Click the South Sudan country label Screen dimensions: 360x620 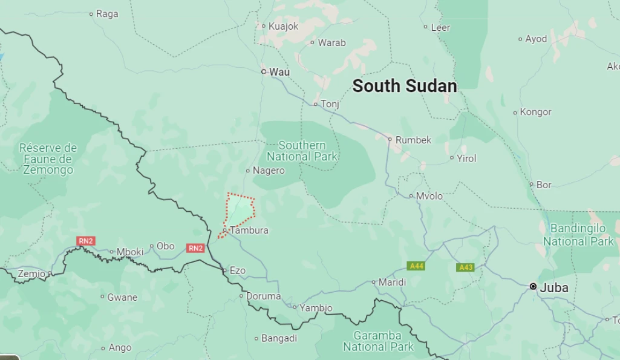tap(404, 86)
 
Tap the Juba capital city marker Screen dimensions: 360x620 tap(533, 286)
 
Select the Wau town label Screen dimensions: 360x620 tap(279, 72)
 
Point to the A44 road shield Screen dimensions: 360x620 tap(416, 266)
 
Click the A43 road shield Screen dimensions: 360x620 tap(465, 267)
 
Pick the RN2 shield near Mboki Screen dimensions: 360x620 tap(86, 241)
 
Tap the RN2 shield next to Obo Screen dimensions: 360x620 tap(195, 247)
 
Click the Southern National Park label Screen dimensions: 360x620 tap(302, 151)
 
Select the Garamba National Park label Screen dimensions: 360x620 tap(377, 341)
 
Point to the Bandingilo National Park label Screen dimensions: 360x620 tap(578, 235)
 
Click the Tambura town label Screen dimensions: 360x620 tap(249, 231)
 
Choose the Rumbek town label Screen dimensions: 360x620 tap(414, 140)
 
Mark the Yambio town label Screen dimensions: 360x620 tap(316, 308)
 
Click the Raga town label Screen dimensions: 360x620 tap(107, 14)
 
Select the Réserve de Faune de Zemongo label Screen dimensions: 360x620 tap(48, 159)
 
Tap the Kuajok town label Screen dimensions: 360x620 tap(284, 26)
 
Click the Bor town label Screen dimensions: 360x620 tap(544, 185)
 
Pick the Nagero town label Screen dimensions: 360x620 tap(269, 171)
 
